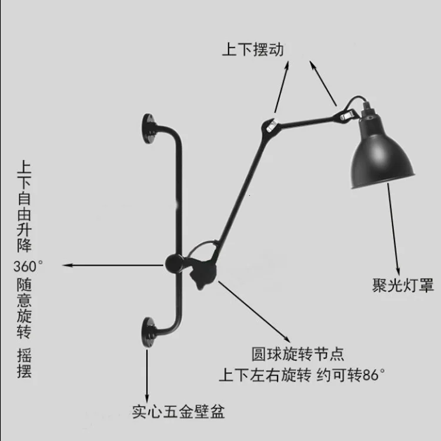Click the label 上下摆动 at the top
[253, 49]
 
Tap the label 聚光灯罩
[403, 285]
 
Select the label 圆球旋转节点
[298, 354]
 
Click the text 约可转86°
[350, 375]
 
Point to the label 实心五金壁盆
[178, 412]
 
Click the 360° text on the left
[28, 266]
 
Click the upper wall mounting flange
[149, 129]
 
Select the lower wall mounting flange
[148, 332]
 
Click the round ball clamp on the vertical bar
[175, 263]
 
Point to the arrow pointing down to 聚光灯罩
[394, 229]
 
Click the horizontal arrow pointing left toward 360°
[113, 265]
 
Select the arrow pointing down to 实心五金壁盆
[147, 376]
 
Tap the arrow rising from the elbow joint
[282, 87]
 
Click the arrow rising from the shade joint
[323, 83]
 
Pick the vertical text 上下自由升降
[24, 206]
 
